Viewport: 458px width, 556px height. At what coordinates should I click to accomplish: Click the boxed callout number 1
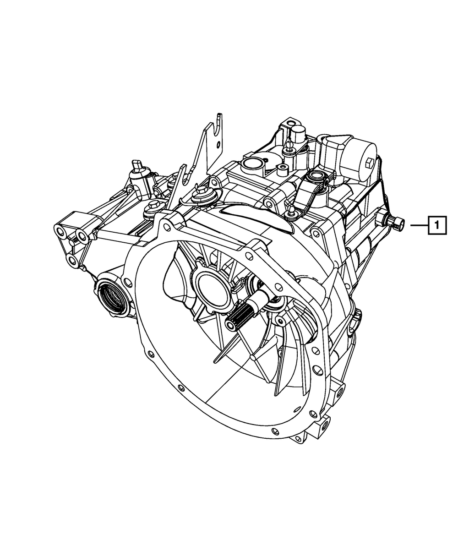coord(437,225)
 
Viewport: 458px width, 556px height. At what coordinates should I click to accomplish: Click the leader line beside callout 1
coord(419,225)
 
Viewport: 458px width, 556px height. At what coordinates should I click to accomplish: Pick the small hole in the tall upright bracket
coord(218,145)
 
